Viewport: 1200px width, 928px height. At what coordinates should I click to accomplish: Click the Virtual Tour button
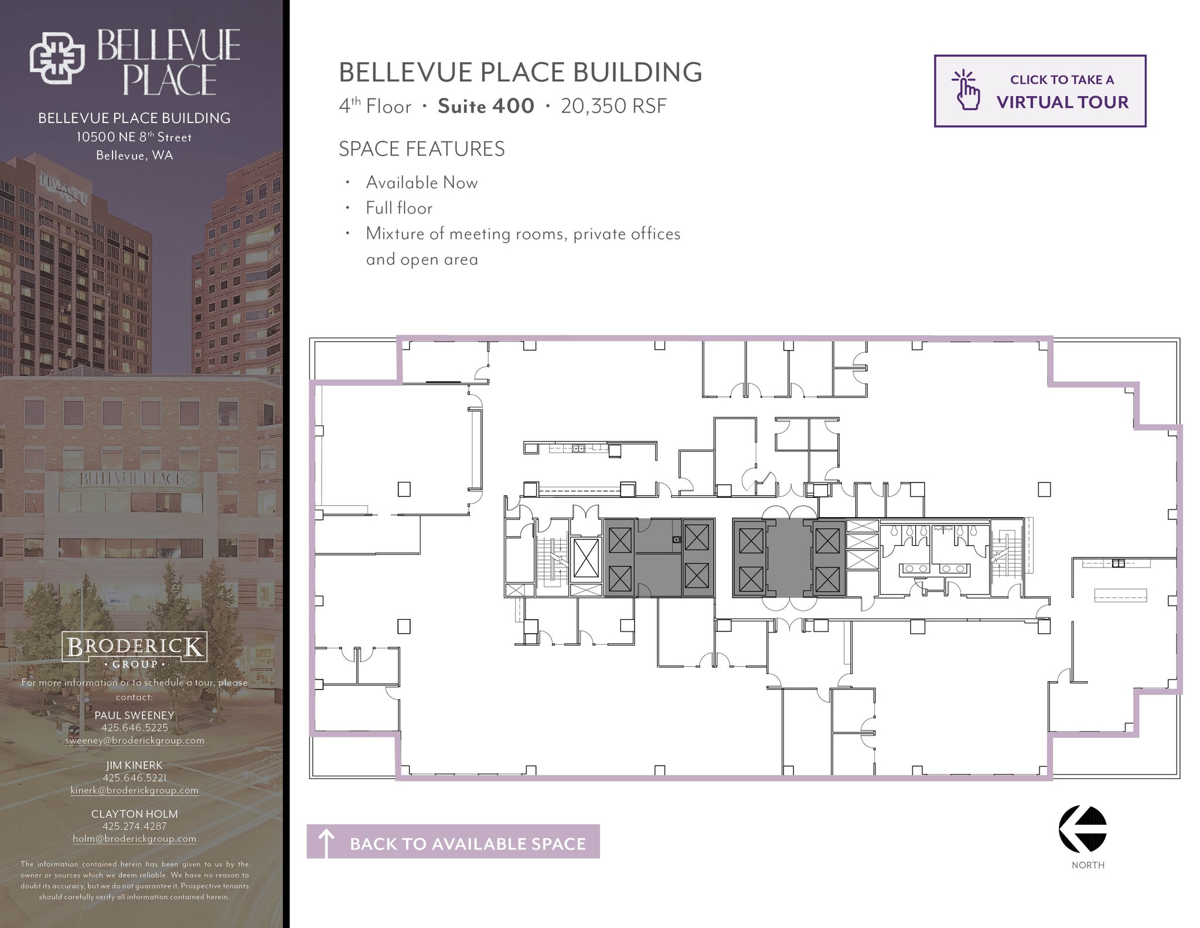point(1039,91)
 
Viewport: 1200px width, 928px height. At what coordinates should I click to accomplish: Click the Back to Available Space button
point(453,843)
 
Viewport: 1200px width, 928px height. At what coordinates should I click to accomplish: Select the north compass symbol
point(1082,828)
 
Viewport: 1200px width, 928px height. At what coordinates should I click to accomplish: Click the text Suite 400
point(486,106)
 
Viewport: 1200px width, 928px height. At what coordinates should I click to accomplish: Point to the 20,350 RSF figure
point(613,106)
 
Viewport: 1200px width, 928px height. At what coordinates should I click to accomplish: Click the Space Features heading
point(421,149)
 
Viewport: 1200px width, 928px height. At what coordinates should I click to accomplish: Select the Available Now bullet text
point(422,182)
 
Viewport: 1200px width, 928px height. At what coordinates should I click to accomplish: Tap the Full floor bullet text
point(399,208)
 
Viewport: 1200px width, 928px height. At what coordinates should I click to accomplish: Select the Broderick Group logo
point(134,650)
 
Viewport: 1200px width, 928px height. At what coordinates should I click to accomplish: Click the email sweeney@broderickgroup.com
point(134,740)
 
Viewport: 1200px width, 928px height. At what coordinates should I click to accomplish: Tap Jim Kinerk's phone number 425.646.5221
point(134,778)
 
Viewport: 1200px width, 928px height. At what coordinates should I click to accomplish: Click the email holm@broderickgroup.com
point(134,839)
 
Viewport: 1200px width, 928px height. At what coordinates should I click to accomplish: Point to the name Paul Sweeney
point(134,715)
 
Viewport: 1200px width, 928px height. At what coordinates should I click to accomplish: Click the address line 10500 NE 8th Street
point(134,137)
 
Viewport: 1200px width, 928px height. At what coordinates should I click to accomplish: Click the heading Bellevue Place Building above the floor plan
point(520,72)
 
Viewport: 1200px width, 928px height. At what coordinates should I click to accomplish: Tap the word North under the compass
point(1087,865)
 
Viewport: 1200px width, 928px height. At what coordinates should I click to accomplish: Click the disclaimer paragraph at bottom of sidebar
point(134,880)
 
